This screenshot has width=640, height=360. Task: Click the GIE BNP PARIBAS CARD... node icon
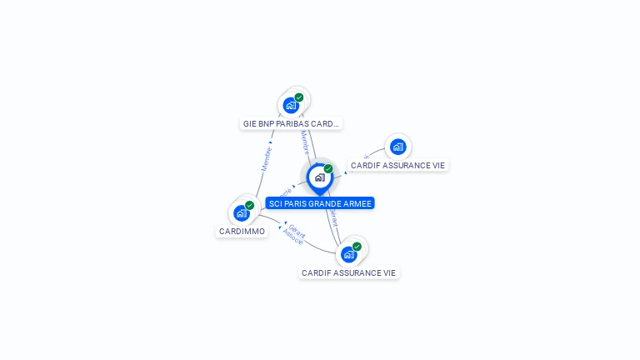(291, 105)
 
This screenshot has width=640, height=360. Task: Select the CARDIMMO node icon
(242, 212)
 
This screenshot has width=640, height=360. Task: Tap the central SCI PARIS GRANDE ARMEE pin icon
(319, 177)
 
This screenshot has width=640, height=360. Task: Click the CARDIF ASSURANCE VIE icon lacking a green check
(397, 147)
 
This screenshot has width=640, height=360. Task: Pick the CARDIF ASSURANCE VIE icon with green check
(348, 254)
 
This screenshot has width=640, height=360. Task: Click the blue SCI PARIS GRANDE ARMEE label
(320, 203)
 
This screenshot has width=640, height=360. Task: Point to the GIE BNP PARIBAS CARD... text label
(291, 123)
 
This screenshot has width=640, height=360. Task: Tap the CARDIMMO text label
(242, 231)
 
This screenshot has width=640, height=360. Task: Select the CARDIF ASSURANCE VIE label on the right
(397, 165)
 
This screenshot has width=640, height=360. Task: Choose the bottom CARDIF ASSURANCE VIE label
(348, 272)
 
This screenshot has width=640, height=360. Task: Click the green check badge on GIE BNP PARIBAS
(299, 97)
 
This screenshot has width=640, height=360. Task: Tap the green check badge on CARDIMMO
(249, 205)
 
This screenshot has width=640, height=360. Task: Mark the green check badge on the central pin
(328, 169)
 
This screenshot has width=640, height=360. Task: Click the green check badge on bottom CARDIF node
(357, 247)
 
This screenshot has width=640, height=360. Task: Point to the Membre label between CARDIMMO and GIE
(267, 159)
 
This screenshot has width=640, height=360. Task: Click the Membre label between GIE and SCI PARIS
(305, 142)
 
